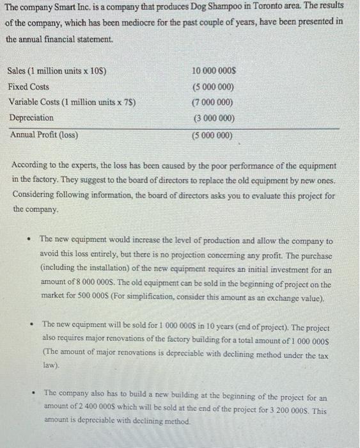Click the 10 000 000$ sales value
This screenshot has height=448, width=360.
(214, 70)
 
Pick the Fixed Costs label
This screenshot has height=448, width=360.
(29, 86)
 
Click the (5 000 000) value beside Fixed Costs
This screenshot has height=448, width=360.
(214, 87)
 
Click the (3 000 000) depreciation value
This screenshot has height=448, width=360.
(214, 118)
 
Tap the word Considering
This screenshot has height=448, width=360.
(38, 195)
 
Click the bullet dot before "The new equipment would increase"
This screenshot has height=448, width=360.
(26, 239)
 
